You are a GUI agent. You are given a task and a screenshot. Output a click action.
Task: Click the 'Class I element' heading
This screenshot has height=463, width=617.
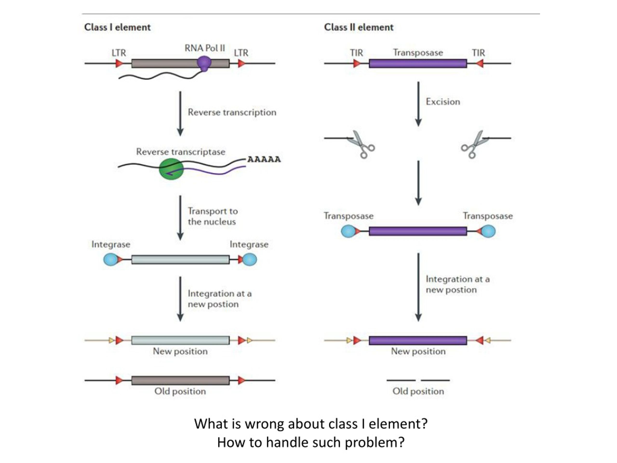click(117, 27)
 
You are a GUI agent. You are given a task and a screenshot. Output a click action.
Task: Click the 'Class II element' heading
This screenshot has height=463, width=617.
click(359, 27)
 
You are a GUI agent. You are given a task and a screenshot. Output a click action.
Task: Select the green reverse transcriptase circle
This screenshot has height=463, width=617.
click(171, 169)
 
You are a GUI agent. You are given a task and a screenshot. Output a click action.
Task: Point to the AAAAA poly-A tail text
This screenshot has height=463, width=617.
click(264, 159)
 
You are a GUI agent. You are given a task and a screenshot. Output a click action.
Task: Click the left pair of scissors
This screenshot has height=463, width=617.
click(361, 144)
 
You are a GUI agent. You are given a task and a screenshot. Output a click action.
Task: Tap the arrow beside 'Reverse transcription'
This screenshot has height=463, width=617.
click(181, 114)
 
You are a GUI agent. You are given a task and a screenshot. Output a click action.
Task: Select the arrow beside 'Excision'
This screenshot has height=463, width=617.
click(418, 104)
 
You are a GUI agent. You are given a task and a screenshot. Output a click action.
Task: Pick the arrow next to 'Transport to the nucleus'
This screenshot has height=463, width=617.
click(181, 218)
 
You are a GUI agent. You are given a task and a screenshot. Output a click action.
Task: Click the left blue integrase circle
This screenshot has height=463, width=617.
click(111, 259)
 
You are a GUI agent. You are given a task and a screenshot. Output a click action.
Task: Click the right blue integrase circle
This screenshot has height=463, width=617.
click(250, 259)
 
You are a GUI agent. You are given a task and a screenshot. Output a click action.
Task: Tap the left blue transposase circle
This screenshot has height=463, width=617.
click(349, 231)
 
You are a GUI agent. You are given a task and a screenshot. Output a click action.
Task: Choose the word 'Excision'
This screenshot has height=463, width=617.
click(443, 102)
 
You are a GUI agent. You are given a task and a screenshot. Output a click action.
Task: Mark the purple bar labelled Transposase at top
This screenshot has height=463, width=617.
click(418, 64)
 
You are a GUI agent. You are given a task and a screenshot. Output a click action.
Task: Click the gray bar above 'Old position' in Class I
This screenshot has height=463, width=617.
click(181, 380)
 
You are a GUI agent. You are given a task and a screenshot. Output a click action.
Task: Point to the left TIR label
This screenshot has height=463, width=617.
click(356, 53)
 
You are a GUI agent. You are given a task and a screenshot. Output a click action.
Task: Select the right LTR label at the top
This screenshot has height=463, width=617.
click(241, 53)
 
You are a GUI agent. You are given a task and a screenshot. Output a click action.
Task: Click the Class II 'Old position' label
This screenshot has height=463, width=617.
click(418, 391)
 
